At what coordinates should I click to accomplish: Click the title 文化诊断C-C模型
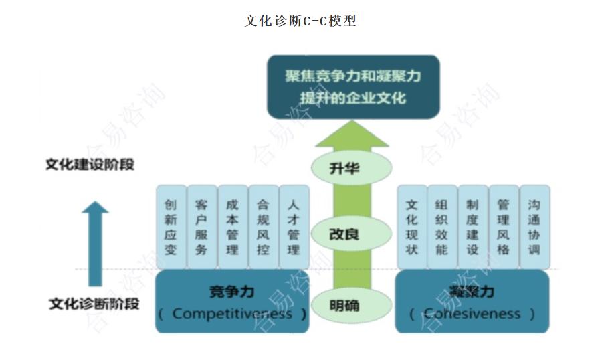coord(300,21)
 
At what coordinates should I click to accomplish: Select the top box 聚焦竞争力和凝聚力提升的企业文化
coord(353,86)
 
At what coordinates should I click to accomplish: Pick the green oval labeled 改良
coord(344,234)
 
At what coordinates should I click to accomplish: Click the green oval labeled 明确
coord(344,305)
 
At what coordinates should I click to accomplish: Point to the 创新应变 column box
coord(171,227)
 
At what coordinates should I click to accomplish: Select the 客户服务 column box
coord(201,227)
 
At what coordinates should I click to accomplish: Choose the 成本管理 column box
coord(232,227)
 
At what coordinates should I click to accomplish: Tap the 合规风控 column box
coord(263,227)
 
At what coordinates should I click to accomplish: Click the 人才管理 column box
coord(294,227)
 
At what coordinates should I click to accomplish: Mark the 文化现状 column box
coord(412,227)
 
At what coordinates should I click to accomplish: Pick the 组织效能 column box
coord(442,227)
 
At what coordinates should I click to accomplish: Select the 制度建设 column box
coord(473,227)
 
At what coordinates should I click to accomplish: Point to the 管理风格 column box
coord(504,227)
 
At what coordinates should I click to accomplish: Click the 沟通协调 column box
coord(534,227)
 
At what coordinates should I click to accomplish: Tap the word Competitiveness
coord(232,313)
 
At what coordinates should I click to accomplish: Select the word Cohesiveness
coord(472,313)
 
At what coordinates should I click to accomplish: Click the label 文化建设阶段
coord(90,165)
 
